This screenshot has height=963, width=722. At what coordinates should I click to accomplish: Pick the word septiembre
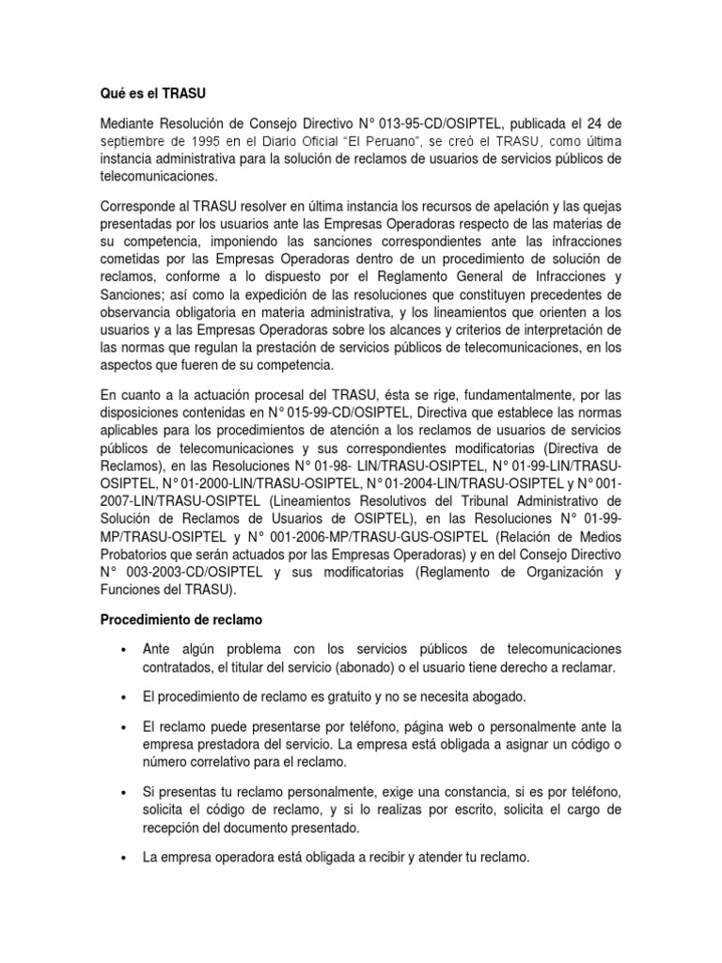pyautogui.click(x=140, y=140)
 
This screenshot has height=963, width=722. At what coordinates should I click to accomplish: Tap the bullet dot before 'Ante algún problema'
pyautogui.click(x=123, y=649)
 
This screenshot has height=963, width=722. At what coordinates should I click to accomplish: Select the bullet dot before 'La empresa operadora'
pyautogui.click(x=123, y=858)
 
